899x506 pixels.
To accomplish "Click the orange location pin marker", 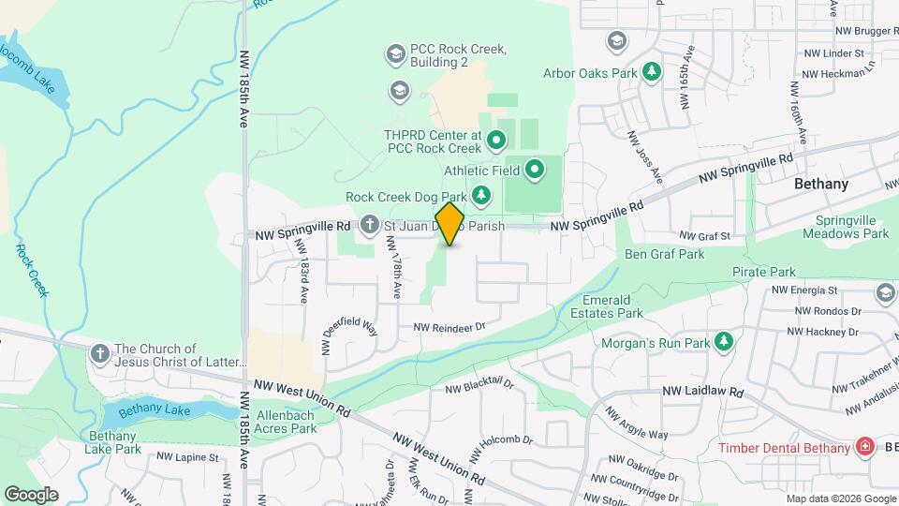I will [x=449, y=224].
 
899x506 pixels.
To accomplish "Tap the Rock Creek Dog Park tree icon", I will [x=481, y=196].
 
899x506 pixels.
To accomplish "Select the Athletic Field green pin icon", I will [x=535, y=171].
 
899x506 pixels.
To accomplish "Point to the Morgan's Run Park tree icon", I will [x=723, y=343].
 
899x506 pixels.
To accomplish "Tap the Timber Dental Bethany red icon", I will [x=864, y=447].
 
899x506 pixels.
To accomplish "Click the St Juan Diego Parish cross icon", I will [x=370, y=225].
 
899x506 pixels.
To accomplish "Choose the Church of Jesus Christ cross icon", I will [x=100, y=354].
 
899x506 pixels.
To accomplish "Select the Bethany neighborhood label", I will [x=820, y=184].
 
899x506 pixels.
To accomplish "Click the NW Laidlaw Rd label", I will [x=702, y=392].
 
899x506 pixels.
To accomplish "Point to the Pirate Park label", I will [x=763, y=272].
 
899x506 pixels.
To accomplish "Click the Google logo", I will [x=31, y=494].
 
